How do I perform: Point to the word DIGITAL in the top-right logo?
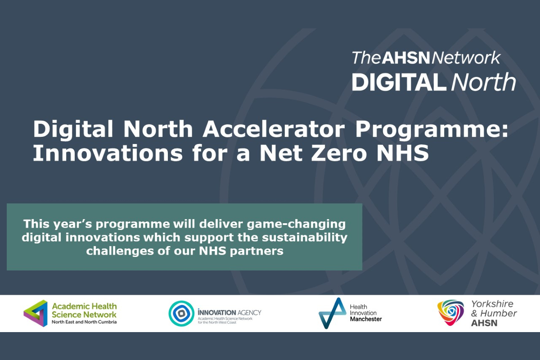(399, 82)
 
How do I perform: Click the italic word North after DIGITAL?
(483, 82)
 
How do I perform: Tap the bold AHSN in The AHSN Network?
(406, 58)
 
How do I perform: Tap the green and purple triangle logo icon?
(36, 313)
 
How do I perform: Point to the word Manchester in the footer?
(365, 319)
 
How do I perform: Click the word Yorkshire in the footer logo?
(492, 304)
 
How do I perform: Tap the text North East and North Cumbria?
(84, 322)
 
